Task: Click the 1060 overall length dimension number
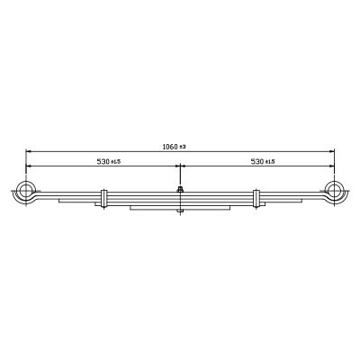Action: click(x=170, y=147)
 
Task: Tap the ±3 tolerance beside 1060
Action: click(x=183, y=147)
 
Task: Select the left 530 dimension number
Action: click(x=103, y=162)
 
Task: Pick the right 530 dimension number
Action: click(x=257, y=162)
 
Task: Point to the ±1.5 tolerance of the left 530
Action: click(x=115, y=162)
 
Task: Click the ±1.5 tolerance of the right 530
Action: click(x=270, y=162)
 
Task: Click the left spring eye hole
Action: click(x=26, y=190)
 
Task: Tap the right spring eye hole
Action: click(x=334, y=190)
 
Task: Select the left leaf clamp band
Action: click(x=103, y=199)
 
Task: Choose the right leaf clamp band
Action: click(x=256, y=199)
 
